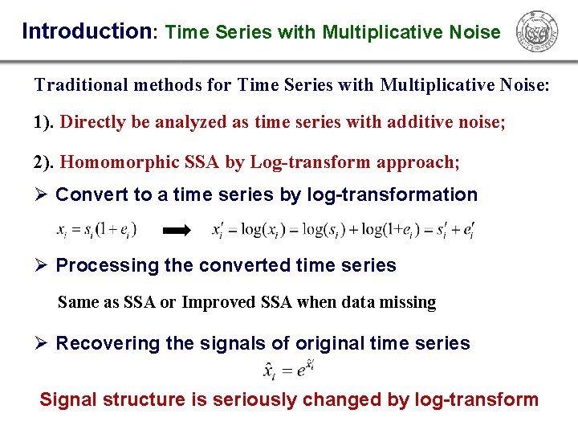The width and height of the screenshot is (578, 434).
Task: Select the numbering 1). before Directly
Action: click(44, 123)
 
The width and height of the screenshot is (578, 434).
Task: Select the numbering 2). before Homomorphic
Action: click(44, 162)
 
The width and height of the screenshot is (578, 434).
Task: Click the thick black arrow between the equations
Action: click(177, 231)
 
